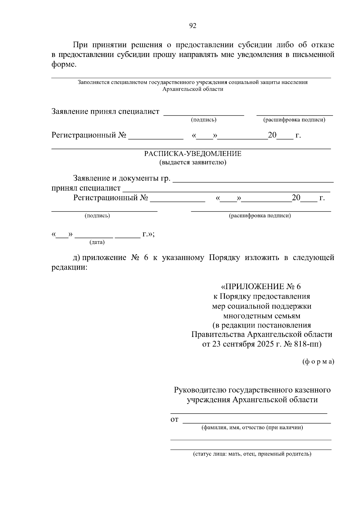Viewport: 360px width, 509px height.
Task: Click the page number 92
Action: [x=193, y=26]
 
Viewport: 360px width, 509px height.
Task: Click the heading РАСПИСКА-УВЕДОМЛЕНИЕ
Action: [x=193, y=154]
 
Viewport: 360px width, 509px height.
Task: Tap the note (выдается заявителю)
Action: [x=193, y=163]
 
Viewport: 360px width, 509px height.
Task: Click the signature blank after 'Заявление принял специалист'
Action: [x=203, y=113]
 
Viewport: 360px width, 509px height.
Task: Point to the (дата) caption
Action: [x=97, y=242]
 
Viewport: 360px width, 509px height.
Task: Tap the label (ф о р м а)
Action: [x=318, y=362]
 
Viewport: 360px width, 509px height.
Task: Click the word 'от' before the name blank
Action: [x=174, y=419]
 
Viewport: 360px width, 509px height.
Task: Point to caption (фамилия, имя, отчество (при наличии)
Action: [x=252, y=427]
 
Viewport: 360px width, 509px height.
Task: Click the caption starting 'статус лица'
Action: [x=252, y=454]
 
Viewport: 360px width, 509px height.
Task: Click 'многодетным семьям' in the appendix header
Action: [x=261, y=316]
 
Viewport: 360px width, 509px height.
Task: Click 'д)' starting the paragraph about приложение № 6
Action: [x=76, y=258]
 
